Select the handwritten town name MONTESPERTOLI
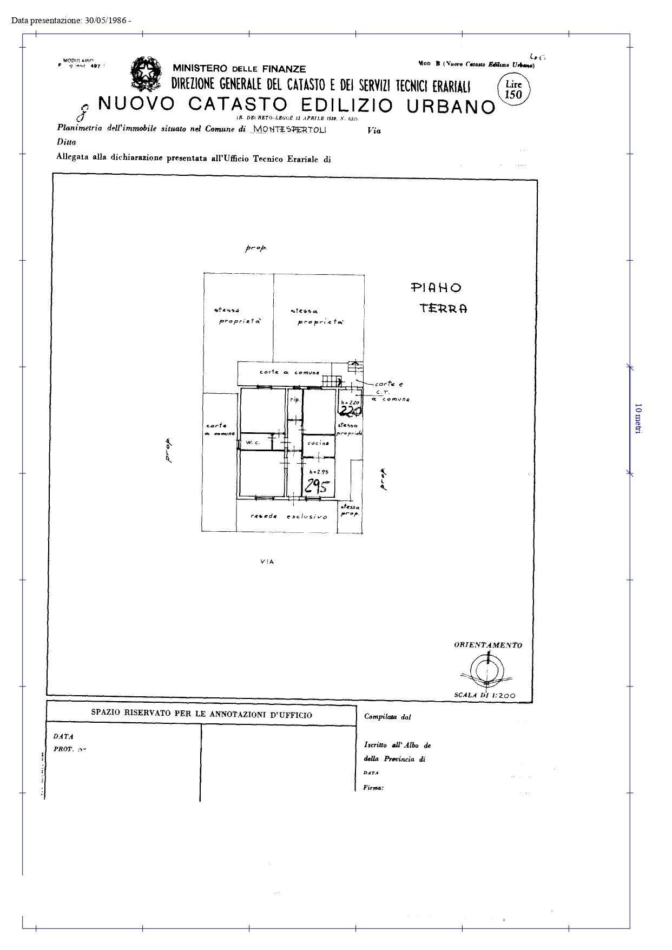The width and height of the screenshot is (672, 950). [x=289, y=129]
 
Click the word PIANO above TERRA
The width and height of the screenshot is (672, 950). [x=436, y=288]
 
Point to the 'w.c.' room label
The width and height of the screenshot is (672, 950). [x=253, y=443]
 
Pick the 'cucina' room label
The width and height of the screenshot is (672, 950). [x=318, y=443]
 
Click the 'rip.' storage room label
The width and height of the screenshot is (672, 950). [x=295, y=399]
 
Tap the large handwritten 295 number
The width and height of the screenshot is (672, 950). [x=317, y=486]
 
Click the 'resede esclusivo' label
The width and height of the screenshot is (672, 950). [x=288, y=516]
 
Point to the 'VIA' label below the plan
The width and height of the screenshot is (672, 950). [x=267, y=562]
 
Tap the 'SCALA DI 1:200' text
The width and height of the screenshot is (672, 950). [x=485, y=696]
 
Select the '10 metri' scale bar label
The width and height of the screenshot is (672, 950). [x=638, y=418]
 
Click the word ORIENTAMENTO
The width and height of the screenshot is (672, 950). [x=488, y=645]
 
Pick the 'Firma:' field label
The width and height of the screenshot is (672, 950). [x=373, y=788]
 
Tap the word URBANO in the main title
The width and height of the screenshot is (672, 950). [x=451, y=106]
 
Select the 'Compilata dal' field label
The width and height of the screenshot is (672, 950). [x=387, y=717]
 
